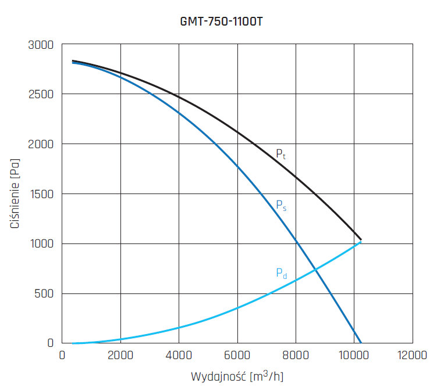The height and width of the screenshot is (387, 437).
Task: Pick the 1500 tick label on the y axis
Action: coord(42,193)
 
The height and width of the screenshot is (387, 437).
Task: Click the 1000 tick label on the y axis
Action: coord(42,243)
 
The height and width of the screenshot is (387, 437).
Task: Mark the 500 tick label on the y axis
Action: coord(44,293)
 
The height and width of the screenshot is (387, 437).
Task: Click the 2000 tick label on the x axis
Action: coord(120,356)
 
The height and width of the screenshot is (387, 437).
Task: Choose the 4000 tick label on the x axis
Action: coord(179,356)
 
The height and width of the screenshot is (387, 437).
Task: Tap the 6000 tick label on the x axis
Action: coord(237,356)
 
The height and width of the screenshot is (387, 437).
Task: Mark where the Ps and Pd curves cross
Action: coord(315,269)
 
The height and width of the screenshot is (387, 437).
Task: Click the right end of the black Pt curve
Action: coord(361,239)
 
